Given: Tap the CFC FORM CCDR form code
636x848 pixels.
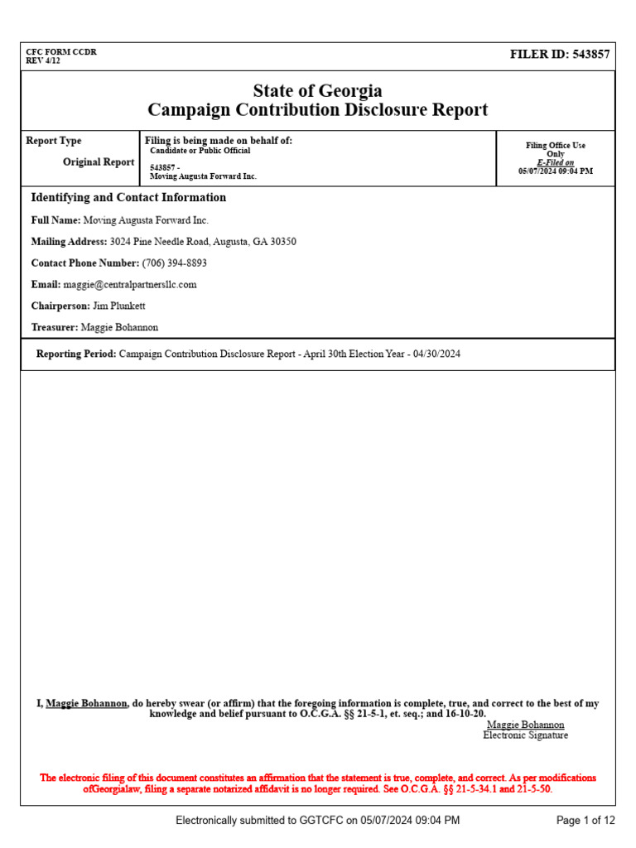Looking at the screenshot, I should pyautogui.click(x=61, y=51).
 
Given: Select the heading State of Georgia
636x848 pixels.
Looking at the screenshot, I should pyautogui.click(x=318, y=91).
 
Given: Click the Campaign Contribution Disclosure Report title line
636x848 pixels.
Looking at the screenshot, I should pyautogui.click(x=318, y=110).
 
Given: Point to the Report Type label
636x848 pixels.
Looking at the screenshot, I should pyautogui.click(x=54, y=141).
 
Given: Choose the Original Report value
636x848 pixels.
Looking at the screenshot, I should pyautogui.click(x=99, y=162).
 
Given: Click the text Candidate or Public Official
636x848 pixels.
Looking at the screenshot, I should pyautogui.click(x=200, y=151).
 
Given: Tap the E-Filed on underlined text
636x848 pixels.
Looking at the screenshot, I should pyautogui.click(x=555, y=162).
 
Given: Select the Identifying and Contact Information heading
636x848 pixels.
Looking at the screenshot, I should pyautogui.click(x=128, y=198).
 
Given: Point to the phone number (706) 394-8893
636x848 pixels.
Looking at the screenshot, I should pyautogui.click(x=175, y=263).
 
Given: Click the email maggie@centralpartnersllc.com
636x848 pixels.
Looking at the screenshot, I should pyautogui.click(x=130, y=285).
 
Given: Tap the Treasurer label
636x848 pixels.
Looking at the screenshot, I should pyautogui.click(x=54, y=328).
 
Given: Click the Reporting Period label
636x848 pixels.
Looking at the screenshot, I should pyautogui.click(x=76, y=354).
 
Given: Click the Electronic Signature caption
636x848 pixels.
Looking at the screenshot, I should pyautogui.click(x=526, y=735).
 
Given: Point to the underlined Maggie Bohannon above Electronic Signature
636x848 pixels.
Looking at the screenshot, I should pyautogui.click(x=526, y=725).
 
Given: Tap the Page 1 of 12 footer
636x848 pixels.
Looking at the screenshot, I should pyautogui.click(x=585, y=821).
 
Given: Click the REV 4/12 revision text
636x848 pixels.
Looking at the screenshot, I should pyautogui.click(x=43, y=60).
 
